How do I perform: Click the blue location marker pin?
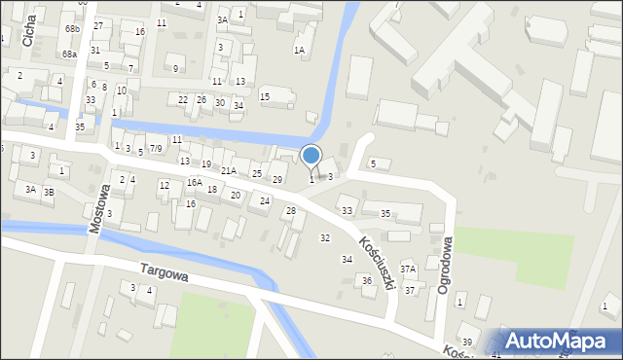pyautogui.click(x=311, y=156)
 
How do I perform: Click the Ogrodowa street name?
pyautogui.click(x=444, y=265)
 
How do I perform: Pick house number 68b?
pyautogui.click(x=72, y=29)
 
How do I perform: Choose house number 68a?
pyautogui.click(x=69, y=54)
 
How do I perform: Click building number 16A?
pyautogui.click(x=195, y=183)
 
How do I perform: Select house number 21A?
pyautogui.click(x=229, y=171)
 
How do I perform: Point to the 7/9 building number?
pyautogui.click(x=156, y=149)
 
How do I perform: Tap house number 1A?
pyautogui.click(x=299, y=50)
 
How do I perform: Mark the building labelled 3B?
pyautogui.click(x=49, y=193)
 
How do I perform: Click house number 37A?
pyautogui.click(x=408, y=270)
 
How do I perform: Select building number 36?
pyautogui.click(x=367, y=281)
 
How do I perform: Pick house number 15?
pyautogui.click(x=265, y=96)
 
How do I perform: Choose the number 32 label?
pyautogui.click(x=325, y=238)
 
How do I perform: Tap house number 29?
pyautogui.click(x=277, y=180)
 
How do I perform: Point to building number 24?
pyautogui.click(x=264, y=200)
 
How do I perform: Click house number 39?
pyautogui.click(x=467, y=342)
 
